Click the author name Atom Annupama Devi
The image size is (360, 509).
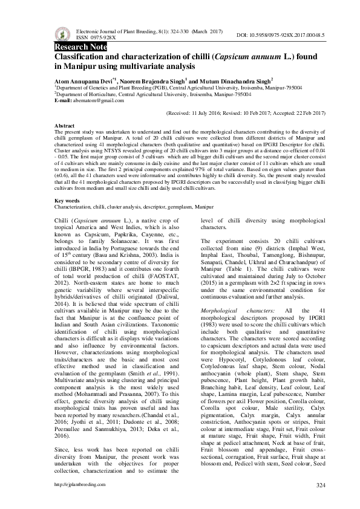pyautogui.click(x=84, y=80)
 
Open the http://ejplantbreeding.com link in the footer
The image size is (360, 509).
pyautogui.click(x=76, y=485)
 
